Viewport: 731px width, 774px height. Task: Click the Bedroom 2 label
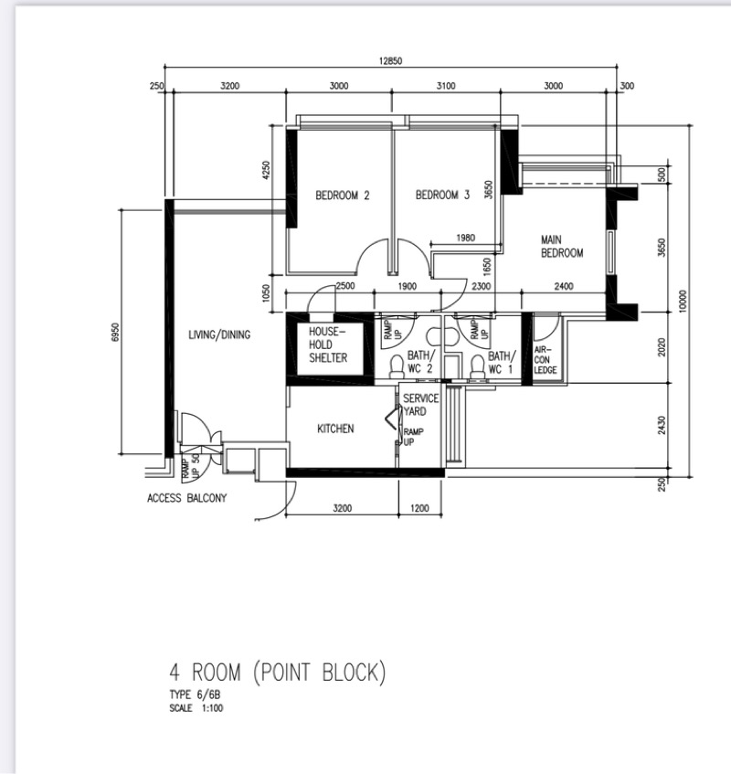(x=343, y=196)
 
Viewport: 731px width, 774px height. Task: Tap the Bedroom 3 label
(x=443, y=195)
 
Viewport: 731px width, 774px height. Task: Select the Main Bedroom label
(x=562, y=247)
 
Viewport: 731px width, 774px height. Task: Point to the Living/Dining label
(x=219, y=334)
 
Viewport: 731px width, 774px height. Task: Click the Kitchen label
(x=335, y=429)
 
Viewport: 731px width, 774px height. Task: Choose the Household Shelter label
(x=328, y=345)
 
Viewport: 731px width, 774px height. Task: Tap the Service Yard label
(x=420, y=405)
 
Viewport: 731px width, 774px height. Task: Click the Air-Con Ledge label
(x=546, y=359)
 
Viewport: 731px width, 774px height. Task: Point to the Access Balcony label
(x=187, y=498)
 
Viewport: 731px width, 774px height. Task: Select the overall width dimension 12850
(x=390, y=60)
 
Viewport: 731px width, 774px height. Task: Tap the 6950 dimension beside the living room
(x=115, y=332)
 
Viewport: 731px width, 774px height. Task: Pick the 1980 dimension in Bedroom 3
(x=465, y=238)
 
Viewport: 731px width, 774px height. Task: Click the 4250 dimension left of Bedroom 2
(x=266, y=170)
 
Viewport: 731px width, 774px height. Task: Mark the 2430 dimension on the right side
(x=662, y=426)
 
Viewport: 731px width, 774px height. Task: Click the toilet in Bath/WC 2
(x=397, y=366)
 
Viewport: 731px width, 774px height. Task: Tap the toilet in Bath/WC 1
(x=477, y=366)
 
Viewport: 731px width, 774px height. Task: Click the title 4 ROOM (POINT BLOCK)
(x=278, y=673)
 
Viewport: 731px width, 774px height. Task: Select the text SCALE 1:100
(x=196, y=708)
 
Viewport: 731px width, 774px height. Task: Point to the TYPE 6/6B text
(x=195, y=695)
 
